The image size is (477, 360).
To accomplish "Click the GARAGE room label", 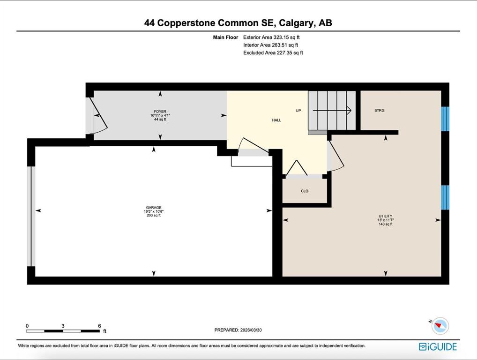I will pyautogui.click(x=153, y=207).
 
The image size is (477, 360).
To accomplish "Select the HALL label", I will pyautogui.click(x=276, y=120).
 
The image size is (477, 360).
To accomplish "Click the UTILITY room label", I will pyautogui.click(x=385, y=216).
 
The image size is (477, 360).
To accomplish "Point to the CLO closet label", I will pyautogui.click(x=305, y=191).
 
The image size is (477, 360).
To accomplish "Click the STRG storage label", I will pyautogui.click(x=380, y=111).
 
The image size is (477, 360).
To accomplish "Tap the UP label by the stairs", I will pyautogui.click(x=298, y=111).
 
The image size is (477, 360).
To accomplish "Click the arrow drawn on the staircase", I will pyautogui.click(x=332, y=111).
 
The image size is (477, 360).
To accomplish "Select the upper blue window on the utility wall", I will pyautogui.click(x=445, y=119).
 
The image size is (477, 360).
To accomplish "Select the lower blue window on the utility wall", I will pyautogui.click(x=445, y=197).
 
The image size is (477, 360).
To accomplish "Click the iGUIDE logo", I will pyautogui.click(x=437, y=347).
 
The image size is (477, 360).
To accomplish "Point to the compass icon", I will pyautogui.click(x=440, y=325).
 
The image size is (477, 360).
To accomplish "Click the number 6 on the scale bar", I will pyautogui.click(x=99, y=326).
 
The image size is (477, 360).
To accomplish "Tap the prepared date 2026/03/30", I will pyautogui.click(x=252, y=330).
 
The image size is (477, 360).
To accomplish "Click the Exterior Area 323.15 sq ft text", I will pyautogui.click(x=271, y=37).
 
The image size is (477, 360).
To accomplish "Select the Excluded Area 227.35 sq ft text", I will pyautogui.click(x=273, y=53).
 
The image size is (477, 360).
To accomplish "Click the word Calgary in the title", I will pyautogui.click(x=296, y=23).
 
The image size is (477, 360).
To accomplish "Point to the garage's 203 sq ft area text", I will pyautogui.click(x=153, y=216).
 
